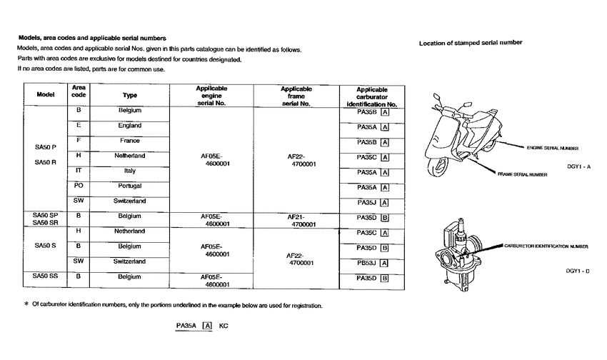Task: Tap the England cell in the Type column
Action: pos(130,126)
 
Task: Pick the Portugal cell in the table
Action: pos(130,186)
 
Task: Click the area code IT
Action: pos(79,171)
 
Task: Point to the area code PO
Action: pos(79,186)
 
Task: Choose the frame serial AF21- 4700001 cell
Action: pos(301,219)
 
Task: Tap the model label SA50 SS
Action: pos(45,276)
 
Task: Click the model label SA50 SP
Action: pos(45,215)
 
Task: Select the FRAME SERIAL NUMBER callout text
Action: pos(523,174)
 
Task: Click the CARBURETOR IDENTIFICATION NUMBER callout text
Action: pos(546,246)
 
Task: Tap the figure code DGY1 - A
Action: pos(579,166)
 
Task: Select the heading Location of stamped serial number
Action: pos(471,43)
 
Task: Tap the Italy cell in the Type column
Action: pos(130,171)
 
